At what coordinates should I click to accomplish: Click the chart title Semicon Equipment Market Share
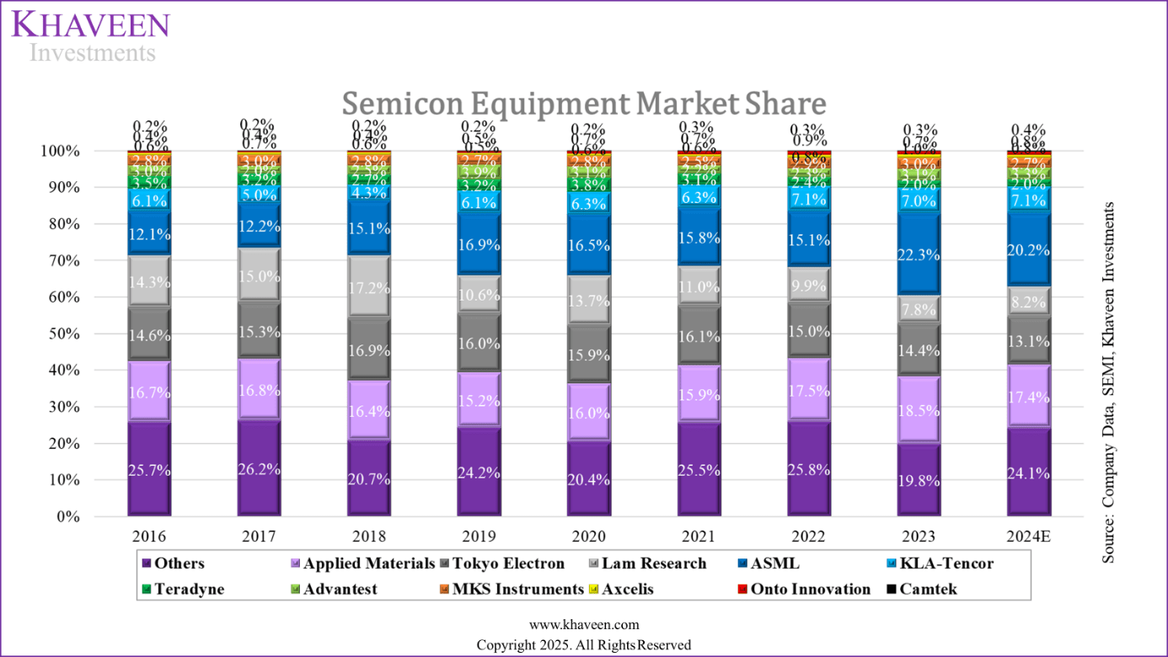point(583,104)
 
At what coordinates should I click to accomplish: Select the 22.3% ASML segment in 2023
point(919,254)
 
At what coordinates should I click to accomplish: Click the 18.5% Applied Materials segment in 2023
point(919,409)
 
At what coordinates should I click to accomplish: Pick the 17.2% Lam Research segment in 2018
point(368,287)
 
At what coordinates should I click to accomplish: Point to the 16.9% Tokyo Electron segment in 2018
point(368,350)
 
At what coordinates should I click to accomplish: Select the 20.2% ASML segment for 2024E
point(1028,249)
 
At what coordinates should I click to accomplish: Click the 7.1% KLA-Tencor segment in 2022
point(809,199)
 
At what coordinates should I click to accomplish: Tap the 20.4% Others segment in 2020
point(589,478)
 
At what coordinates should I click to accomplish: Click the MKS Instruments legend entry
point(517,589)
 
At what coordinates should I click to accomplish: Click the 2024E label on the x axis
point(1028,537)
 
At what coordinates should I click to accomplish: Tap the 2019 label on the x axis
point(479,537)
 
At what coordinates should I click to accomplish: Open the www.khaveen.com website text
point(583,624)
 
